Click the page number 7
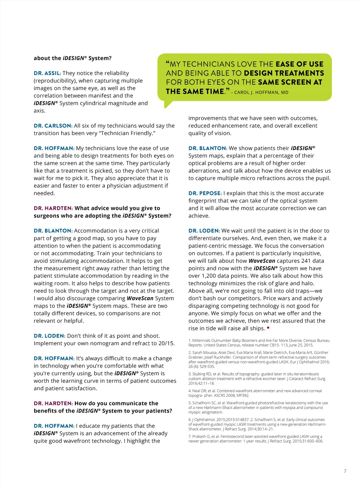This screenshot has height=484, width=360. (345, 471)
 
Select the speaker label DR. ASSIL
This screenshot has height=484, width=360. (47, 73)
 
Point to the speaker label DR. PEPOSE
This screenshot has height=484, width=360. (205, 193)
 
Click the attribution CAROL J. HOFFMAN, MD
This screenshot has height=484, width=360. (261, 93)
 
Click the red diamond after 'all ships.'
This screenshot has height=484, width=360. (268, 327)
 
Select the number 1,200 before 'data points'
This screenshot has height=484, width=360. (209, 276)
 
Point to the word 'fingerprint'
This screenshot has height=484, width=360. (203, 201)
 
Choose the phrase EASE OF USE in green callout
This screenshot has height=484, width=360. (300, 64)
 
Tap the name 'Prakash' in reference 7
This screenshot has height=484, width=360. (199, 437)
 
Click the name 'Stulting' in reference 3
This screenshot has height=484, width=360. (199, 374)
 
